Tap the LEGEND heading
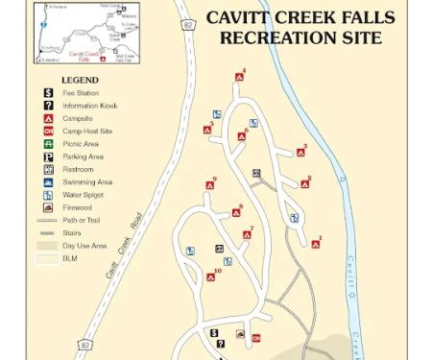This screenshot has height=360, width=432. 80,80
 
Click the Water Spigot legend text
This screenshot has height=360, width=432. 83,194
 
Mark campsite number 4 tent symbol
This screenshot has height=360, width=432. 239,78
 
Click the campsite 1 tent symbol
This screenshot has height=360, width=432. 316,244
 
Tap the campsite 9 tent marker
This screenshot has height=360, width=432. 209,185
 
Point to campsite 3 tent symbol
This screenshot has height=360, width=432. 299,152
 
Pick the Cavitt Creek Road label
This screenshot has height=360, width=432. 124,245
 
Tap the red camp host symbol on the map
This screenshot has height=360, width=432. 256,337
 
